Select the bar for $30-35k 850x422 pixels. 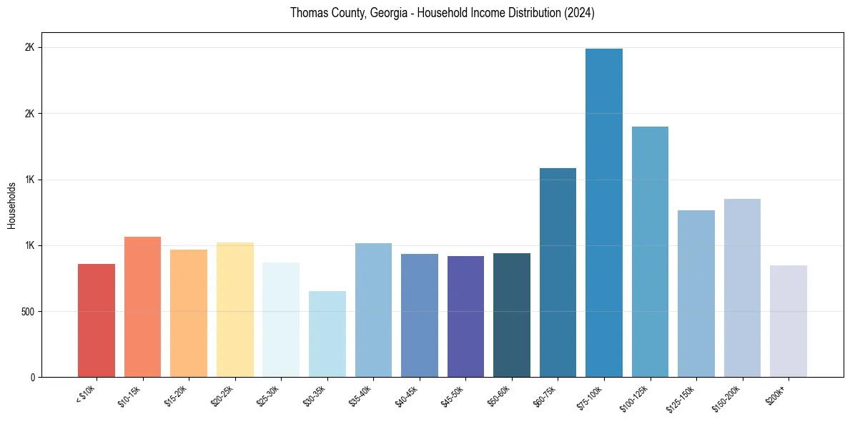[x=327, y=334]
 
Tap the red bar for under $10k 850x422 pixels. [x=97, y=320]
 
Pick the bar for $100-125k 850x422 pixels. [x=650, y=252]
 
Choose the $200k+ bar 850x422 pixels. [x=789, y=321]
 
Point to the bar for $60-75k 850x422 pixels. [x=558, y=273]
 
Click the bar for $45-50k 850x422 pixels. [x=465, y=316]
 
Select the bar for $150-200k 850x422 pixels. [x=742, y=288]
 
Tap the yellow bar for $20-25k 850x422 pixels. [x=235, y=310]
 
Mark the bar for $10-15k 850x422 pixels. [x=143, y=307]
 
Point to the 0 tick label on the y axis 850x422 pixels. [x=32, y=378]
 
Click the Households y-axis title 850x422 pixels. [x=12, y=205]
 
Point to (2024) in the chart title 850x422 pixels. [x=580, y=13]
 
